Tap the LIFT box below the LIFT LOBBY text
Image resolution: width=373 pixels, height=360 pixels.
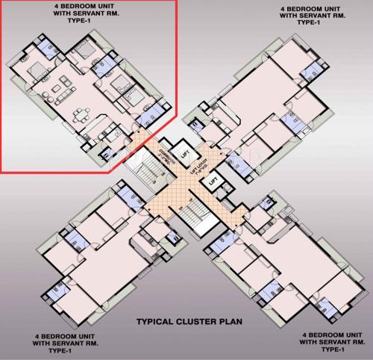pyautogui.click(x=212, y=181)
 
